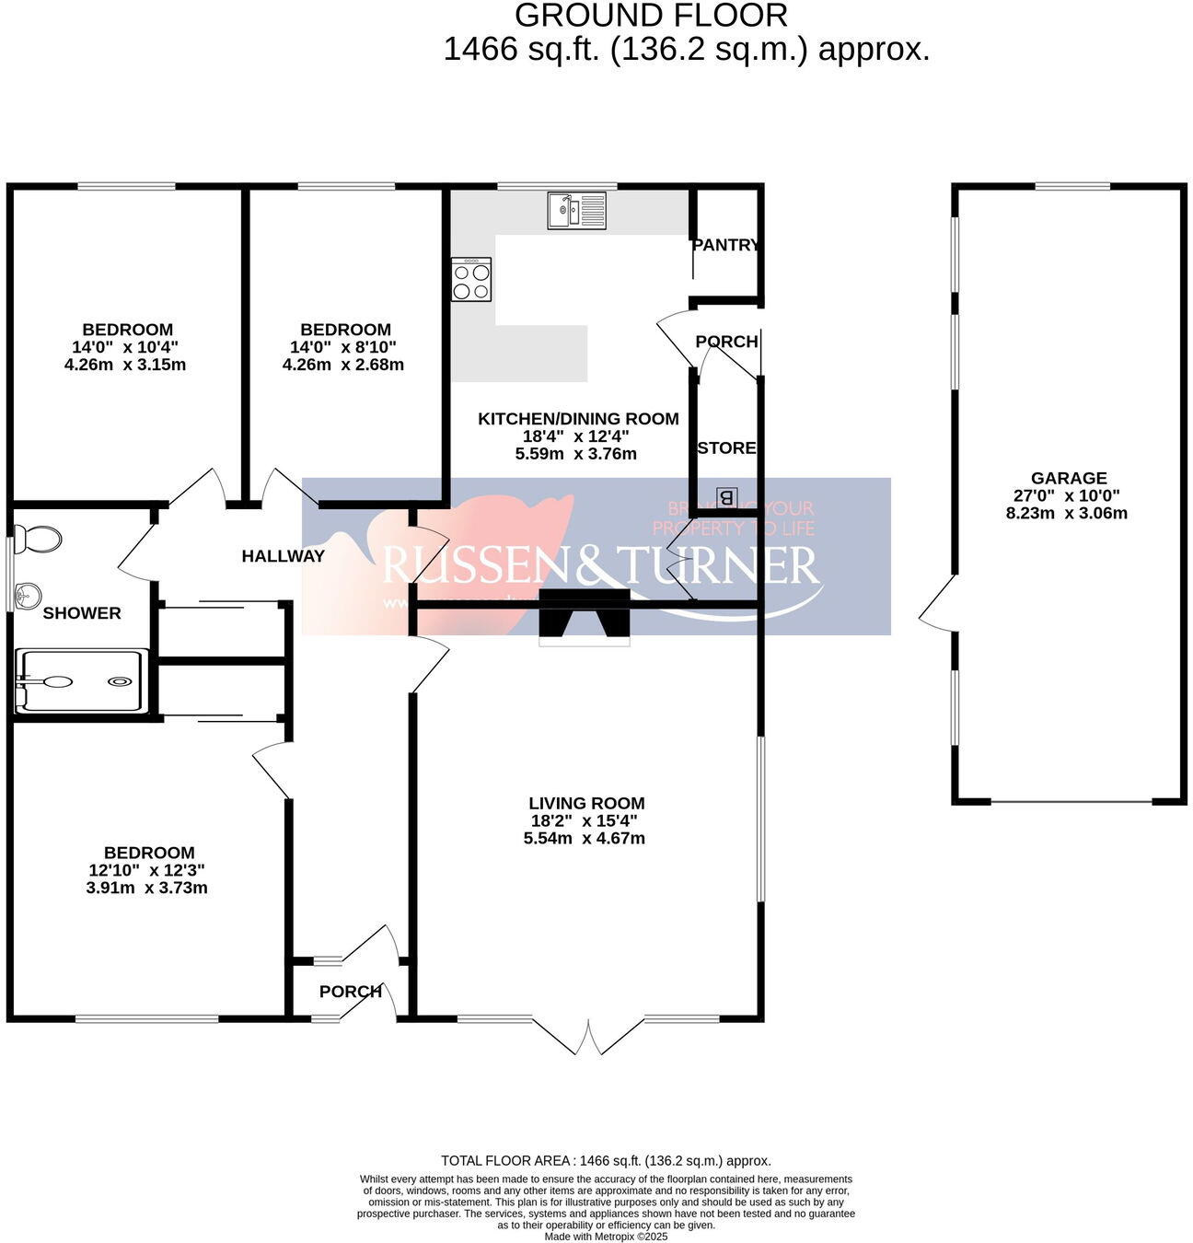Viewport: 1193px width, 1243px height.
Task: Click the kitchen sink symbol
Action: point(576,210)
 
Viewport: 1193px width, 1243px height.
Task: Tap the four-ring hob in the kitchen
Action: point(471,279)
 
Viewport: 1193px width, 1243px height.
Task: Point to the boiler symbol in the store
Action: point(726,497)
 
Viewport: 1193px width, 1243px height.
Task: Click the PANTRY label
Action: point(725,245)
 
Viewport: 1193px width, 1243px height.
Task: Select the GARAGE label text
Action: point(1068,478)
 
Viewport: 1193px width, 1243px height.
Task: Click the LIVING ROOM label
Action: point(586,803)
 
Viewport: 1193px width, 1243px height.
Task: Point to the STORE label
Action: point(726,448)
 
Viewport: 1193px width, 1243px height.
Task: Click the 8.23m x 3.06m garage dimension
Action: point(1066,514)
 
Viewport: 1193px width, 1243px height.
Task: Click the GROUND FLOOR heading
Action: point(651,16)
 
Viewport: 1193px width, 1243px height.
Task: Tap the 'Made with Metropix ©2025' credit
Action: point(606,1237)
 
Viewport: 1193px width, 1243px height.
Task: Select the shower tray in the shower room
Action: point(82,681)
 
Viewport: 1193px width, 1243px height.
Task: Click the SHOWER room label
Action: point(82,613)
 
